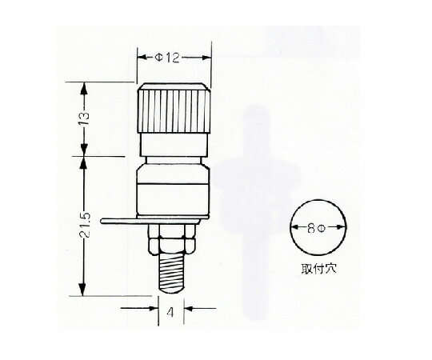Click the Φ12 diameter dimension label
tap(174, 58)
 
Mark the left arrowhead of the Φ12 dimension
tap(141, 58)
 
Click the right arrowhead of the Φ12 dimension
tap(207, 58)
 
